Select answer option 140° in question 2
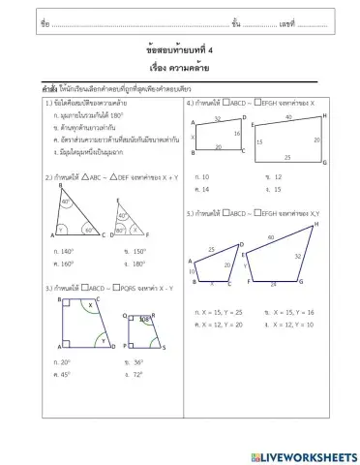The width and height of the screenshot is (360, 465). (x=67, y=251)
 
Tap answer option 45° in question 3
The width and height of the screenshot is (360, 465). (x=66, y=373)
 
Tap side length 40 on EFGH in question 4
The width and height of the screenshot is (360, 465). (x=288, y=116)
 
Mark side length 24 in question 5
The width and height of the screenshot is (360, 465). (x=273, y=285)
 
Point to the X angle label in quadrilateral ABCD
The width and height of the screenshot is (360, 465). (x=89, y=305)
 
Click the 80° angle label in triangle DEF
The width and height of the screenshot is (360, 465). (x=122, y=215)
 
